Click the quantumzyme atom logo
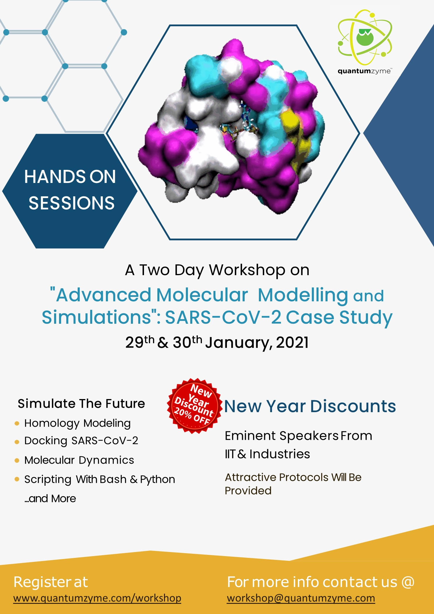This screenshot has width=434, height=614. click(365, 37)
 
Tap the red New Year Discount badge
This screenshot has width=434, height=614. click(194, 405)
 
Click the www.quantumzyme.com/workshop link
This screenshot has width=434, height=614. click(97, 598)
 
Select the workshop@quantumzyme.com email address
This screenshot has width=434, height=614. click(301, 598)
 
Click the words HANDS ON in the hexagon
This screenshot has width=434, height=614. click(70, 177)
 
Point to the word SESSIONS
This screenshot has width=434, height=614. click(72, 203)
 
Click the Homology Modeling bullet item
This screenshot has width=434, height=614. click(77, 423)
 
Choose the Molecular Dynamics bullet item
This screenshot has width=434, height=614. click(79, 460)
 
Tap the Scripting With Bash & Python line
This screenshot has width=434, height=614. click(100, 479)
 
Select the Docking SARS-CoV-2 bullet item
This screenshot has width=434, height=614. click(81, 441)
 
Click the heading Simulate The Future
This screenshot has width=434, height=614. click(81, 404)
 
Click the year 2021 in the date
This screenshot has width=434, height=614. click(292, 342)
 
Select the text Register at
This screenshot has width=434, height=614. click(51, 582)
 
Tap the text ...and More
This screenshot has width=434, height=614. click(50, 499)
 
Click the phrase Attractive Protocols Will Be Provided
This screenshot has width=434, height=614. click(293, 484)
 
